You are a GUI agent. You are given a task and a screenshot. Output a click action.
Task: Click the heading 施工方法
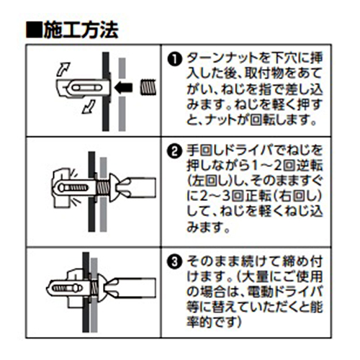[81, 30]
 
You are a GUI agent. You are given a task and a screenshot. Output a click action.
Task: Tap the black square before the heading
[34, 30]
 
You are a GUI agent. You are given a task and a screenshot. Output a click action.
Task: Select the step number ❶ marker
[175, 59]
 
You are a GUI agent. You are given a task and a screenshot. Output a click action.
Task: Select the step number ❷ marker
[175, 152]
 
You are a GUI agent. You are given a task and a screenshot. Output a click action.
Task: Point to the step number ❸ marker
[175, 262]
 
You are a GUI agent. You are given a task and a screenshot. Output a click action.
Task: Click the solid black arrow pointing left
[123, 88]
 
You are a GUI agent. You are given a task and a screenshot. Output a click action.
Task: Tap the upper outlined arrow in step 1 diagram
[63, 69]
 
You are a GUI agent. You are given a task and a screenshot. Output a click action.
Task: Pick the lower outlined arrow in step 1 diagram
[89, 107]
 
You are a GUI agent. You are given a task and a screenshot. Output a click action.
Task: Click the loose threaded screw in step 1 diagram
[148, 87]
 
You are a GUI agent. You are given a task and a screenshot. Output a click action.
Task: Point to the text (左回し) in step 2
[210, 181]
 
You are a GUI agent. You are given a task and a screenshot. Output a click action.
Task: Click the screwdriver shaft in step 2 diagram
[140, 188]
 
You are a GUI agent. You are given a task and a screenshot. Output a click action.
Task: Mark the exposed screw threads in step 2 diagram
[102, 188]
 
